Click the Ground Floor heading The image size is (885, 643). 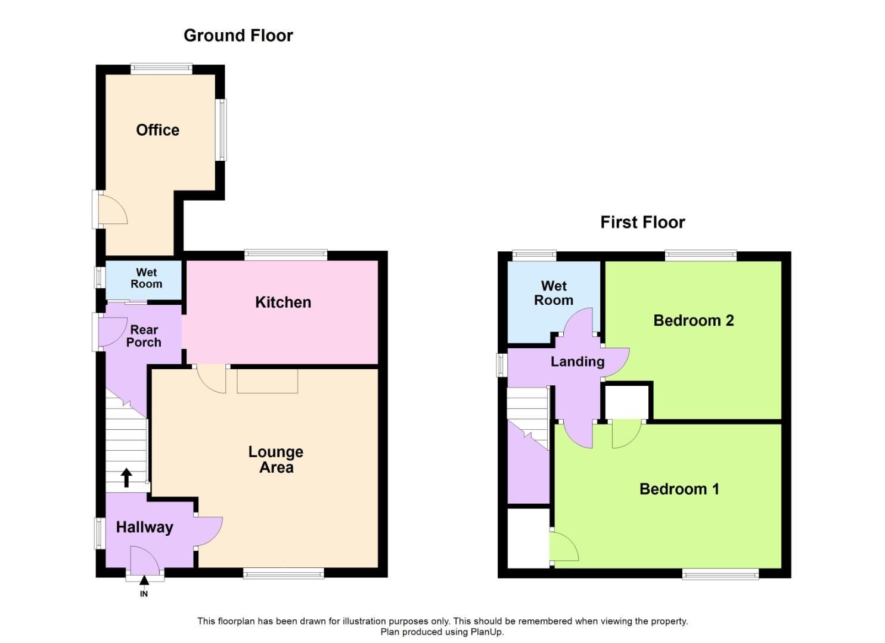coord(238,36)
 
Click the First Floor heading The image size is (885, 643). coord(642,222)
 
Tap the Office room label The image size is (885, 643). coord(157,130)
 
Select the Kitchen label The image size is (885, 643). coord(282,302)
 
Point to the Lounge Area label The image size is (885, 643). coord(275,460)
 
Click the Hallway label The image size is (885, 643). coord(144,527)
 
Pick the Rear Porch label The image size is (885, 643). coord(144,336)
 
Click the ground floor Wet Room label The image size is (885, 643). coord(146,278)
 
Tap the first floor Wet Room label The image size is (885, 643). coord(553,293)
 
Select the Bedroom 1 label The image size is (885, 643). coord(679,489)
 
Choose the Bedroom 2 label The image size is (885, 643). coord(693,320)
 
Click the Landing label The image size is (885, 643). coord(577,361)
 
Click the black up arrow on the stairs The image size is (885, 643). coord(126,477)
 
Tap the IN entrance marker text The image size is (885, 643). coord(144,594)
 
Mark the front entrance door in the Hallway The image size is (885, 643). coord(145,563)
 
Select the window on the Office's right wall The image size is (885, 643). coord(222,129)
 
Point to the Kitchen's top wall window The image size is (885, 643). coord(285,255)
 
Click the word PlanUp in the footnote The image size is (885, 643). coord(487,632)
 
